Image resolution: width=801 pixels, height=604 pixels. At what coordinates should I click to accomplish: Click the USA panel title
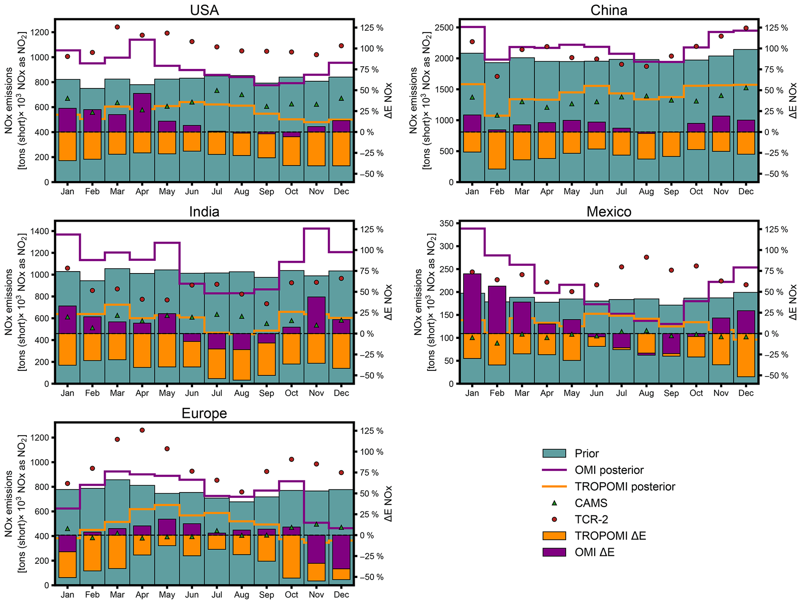[x=204, y=10]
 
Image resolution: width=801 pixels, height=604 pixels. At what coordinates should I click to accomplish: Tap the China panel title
[x=608, y=10]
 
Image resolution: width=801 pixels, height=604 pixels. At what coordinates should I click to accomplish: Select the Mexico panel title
[x=608, y=212]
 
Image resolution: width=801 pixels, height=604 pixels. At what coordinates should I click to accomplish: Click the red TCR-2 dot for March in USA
[x=117, y=27]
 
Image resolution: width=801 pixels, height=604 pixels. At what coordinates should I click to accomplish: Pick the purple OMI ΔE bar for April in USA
[x=142, y=112]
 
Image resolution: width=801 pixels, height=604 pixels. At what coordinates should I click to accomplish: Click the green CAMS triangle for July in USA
[x=217, y=90]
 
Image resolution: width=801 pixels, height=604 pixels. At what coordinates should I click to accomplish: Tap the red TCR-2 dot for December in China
[x=746, y=28]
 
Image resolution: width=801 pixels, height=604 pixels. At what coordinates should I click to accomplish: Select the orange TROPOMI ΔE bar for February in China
[x=497, y=150]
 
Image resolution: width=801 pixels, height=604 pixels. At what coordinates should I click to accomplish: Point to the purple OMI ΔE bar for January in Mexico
[x=472, y=303]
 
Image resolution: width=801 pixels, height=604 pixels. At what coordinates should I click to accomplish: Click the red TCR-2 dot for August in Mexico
[x=646, y=257]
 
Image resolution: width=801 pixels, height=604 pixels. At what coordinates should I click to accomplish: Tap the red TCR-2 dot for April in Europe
[x=142, y=430]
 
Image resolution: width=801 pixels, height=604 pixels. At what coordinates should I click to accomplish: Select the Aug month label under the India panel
[x=242, y=393]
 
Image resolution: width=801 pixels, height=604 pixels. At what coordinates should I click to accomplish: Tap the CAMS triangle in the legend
[x=554, y=503]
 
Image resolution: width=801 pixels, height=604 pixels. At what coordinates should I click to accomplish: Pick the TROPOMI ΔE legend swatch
[x=554, y=536]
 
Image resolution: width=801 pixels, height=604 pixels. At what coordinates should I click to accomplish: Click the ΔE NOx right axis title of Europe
[x=389, y=504]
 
